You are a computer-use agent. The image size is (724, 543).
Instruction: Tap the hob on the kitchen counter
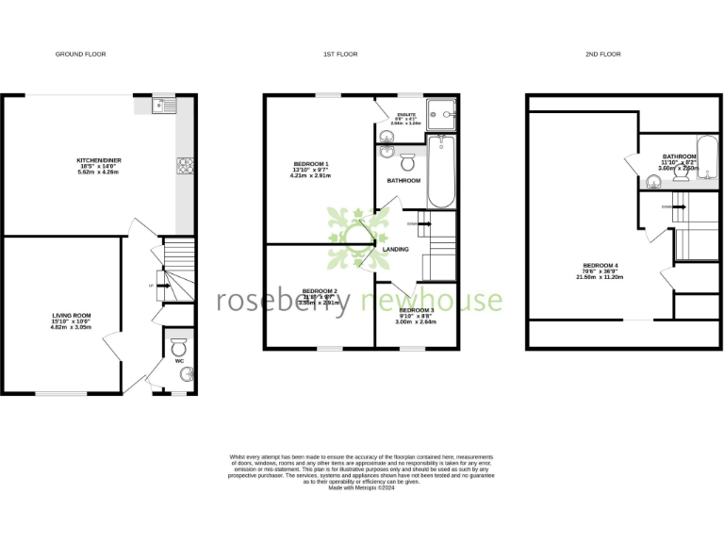tap(185, 166)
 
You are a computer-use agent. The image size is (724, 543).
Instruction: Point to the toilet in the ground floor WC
tap(179, 348)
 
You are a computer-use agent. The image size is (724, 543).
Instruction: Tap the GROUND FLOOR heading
tap(80, 55)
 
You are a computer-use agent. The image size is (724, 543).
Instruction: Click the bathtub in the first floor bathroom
tap(440, 171)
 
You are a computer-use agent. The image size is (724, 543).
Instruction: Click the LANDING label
tap(397, 249)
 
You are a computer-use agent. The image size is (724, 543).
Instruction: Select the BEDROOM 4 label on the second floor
tap(601, 265)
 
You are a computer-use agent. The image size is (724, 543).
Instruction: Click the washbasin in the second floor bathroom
tap(652, 184)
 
